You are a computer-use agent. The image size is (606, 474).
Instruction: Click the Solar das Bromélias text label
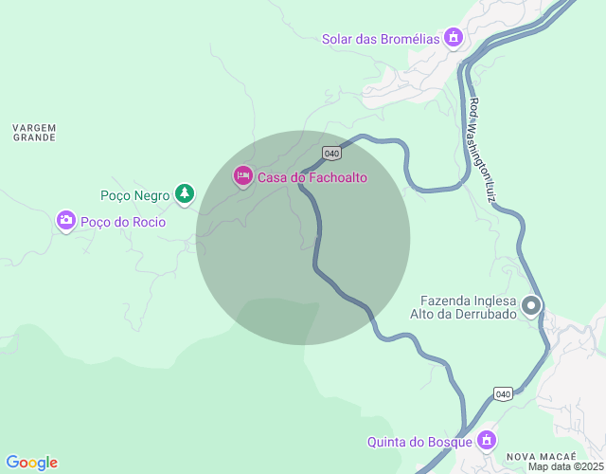381,39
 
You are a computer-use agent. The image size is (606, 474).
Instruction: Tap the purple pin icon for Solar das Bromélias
454,38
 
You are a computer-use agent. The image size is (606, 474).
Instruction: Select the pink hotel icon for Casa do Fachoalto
243,175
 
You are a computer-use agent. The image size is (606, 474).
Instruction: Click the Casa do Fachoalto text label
312,177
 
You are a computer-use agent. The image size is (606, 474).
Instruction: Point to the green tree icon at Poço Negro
185,195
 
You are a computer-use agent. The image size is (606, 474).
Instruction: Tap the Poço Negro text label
135,196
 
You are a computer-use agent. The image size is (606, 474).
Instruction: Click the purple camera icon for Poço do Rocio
65,221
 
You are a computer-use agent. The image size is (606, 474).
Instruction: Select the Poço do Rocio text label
123,223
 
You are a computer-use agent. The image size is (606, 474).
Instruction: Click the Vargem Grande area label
34,132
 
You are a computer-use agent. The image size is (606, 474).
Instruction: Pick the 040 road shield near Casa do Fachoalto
330,153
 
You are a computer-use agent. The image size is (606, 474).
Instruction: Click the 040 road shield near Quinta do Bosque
504,393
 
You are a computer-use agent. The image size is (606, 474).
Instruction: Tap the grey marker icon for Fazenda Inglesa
531,305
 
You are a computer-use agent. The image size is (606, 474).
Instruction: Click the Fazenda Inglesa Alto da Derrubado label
462,306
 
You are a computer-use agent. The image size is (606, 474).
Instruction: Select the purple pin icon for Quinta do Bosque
487,441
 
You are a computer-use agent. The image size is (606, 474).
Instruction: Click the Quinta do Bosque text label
420,442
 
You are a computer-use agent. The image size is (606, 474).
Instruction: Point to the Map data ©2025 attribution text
565,466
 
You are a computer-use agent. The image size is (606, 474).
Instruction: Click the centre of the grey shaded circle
303,237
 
